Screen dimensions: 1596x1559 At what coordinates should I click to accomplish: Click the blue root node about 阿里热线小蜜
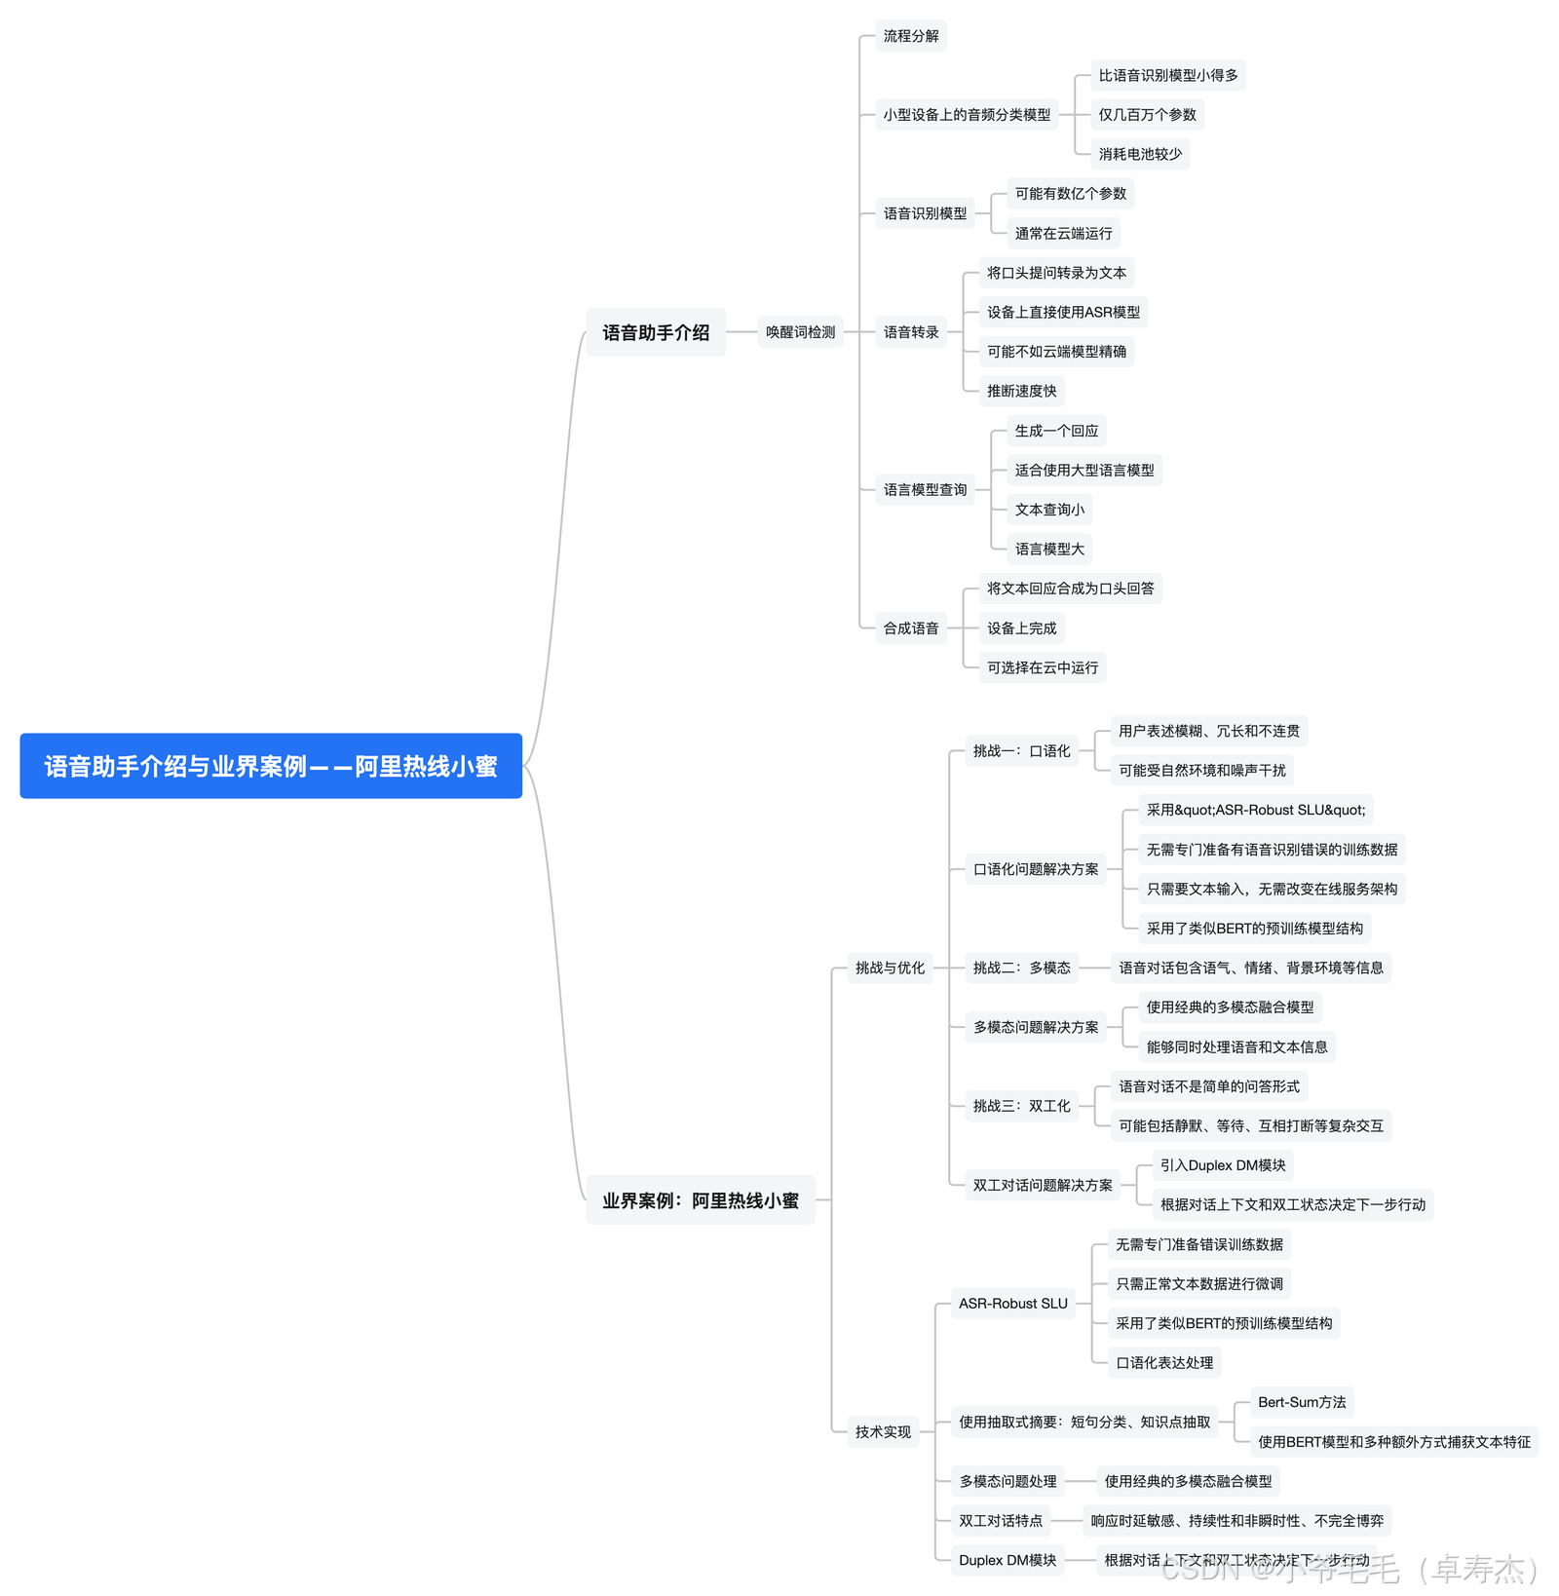tap(271, 766)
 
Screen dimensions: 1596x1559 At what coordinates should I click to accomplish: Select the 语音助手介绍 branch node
tap(656, 332)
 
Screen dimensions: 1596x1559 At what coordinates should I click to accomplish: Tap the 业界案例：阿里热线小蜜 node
tap(701, 1200)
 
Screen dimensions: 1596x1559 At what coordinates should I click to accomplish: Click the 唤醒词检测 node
tap(800, 332)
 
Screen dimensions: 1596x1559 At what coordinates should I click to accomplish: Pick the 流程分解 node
tap(911, 36)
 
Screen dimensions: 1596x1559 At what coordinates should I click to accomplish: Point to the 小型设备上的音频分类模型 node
tap(967, 115)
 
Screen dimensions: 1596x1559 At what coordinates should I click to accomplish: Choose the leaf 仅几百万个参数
tap(1147, 115)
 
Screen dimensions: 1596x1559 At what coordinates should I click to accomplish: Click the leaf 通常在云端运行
tap(1063, 233)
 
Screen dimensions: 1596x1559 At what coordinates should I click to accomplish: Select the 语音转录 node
tap(911, 332)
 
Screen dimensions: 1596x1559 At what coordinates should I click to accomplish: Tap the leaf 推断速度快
tap(1021, 391)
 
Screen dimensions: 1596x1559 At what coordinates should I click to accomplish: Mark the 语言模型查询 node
tap(925, 490)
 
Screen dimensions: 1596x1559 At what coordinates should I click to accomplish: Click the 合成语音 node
tap(911, 628)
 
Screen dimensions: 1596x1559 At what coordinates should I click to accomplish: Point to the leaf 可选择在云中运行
tap(1043, 667)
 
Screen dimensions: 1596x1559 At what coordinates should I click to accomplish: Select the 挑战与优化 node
tap(890, 968)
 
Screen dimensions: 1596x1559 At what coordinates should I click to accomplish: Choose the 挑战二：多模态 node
tap(1021, 968)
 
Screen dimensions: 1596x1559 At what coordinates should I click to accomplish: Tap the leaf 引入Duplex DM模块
tap(1223, 1165)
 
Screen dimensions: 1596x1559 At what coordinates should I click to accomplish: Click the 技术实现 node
tap(883, 1431)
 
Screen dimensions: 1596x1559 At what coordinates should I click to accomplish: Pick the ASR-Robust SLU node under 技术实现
tap(1013, 1303)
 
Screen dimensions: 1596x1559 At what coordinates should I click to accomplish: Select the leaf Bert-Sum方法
tap(1302, 1402)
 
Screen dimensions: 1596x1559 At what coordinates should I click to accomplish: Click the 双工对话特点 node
tap(1001, 1520)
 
